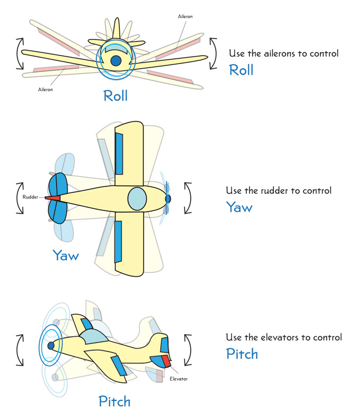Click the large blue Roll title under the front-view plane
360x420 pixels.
pos(115,95)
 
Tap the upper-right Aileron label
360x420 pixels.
pos(185,17)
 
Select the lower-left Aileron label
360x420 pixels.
pos(45,90)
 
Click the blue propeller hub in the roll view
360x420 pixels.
pos(116,61)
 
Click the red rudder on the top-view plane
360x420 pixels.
pos(53,198)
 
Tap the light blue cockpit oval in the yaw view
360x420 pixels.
pos(137,198)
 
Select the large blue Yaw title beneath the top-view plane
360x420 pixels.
pos(66,255)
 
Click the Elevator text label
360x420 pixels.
pos(178,379)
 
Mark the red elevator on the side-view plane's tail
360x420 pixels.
pos(166,362)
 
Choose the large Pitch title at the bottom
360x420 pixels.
pos(114,401)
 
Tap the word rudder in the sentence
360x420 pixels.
pos(272,191)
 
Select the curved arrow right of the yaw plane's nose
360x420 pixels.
pos(188,198)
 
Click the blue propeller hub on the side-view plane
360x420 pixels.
pos(50,346)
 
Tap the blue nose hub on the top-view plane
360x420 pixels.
pos(168,198)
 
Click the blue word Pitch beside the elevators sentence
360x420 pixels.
pos(242,354)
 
